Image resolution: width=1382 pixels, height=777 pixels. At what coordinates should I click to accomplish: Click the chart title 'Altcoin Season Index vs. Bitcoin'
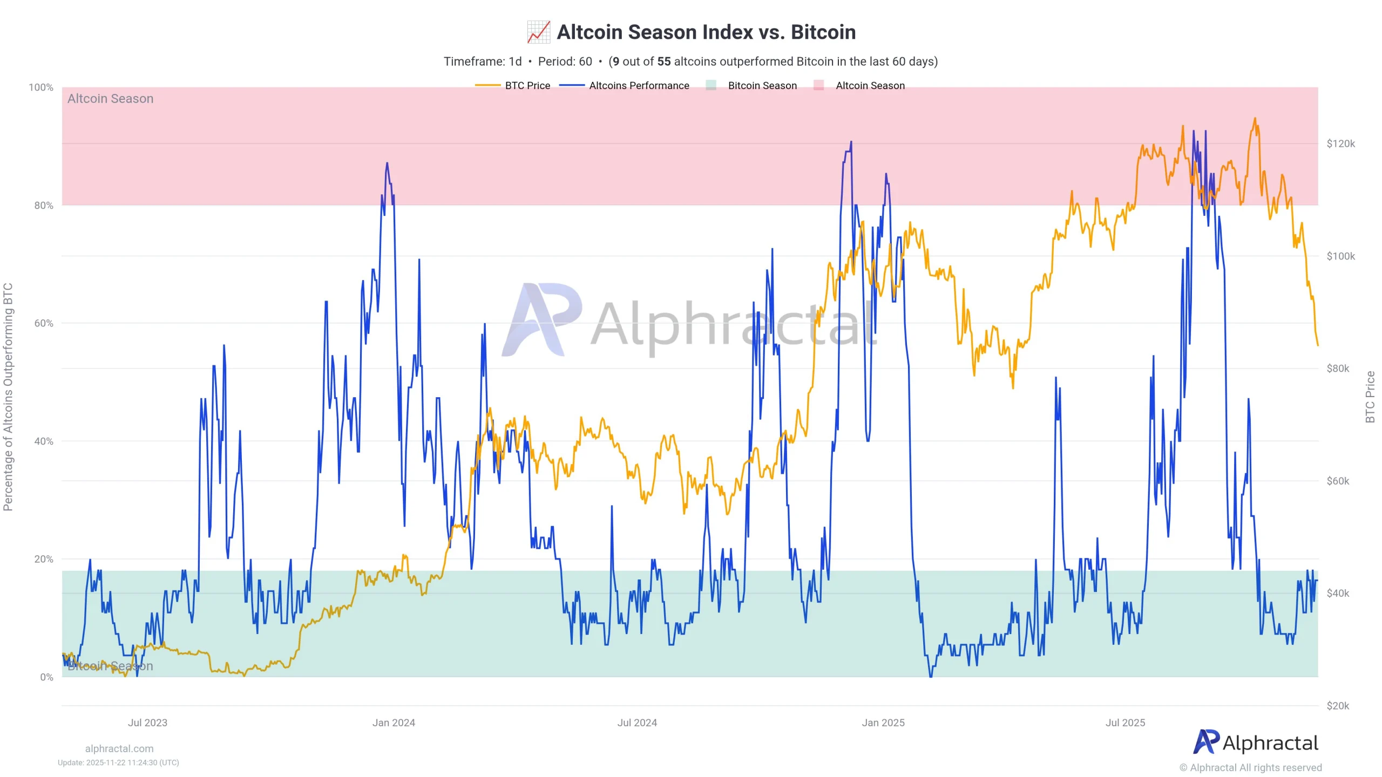(706, 32)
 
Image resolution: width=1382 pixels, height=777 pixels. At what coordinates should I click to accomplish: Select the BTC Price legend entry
(513, 85)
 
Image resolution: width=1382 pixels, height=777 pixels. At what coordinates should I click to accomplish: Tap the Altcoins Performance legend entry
(625, 85)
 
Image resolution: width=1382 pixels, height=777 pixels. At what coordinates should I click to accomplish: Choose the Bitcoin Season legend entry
(751, 85)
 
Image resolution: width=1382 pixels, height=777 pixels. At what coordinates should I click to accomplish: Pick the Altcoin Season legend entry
(859, 85)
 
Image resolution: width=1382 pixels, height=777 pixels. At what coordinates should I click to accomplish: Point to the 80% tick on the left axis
(44, 206)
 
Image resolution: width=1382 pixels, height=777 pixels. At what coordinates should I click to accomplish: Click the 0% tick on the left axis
(47, 677)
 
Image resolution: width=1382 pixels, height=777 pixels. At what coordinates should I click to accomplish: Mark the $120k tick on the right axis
(1341, 144)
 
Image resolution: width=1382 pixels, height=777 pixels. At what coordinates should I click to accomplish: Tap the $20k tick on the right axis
(1338, 706)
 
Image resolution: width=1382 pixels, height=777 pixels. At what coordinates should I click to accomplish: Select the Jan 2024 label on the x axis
(394, 723)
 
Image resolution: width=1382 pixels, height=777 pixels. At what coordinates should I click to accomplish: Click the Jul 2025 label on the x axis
(1125, 723)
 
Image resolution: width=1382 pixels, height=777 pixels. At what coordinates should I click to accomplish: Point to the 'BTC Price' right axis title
(1370, 397)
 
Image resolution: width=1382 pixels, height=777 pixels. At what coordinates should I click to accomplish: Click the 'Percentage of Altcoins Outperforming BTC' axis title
(8, 397)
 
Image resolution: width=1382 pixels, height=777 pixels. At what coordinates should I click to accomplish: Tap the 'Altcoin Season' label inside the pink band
(110, 99)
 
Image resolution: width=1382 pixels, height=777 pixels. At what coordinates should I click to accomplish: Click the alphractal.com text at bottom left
(119, 748)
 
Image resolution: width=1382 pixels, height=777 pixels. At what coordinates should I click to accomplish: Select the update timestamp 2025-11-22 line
(118, 762)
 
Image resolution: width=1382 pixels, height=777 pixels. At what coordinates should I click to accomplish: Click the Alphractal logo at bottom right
(1256, 742)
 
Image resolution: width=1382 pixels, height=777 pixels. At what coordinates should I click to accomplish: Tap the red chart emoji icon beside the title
(539, 32)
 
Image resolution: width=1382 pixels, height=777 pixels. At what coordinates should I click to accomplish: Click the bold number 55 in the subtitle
(664, 62)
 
